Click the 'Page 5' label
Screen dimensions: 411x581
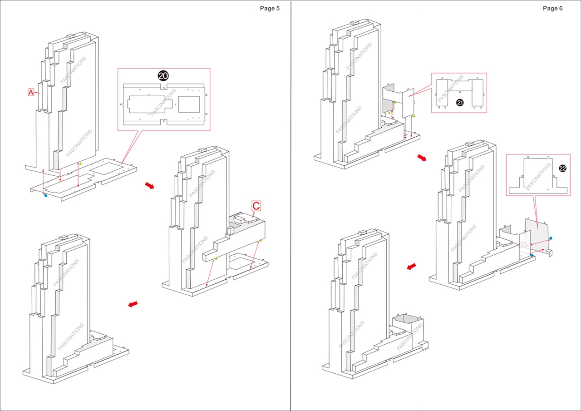click(270, 8)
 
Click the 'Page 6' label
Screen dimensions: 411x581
click(552, 8)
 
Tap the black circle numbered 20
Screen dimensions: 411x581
click(163, 76)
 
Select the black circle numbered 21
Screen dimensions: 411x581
click(460, 103)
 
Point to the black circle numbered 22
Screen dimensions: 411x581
click(562, 168)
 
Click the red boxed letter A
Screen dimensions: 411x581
click(31, 92)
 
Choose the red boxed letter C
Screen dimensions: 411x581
click(256, 206)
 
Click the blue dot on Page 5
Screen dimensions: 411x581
click(45, 195)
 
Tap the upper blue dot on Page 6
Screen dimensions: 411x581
click(551, 238)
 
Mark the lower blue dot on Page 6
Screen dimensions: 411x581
click(532, 255)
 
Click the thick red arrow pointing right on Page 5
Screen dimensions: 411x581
click(149, 185)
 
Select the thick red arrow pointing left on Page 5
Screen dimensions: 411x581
click(133, 304)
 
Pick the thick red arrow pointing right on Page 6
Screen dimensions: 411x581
click(422, 157)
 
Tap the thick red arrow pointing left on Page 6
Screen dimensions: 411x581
click(412, 267)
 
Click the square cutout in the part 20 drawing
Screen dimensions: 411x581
click(189, 104)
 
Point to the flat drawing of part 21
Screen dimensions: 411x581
click(459, 93)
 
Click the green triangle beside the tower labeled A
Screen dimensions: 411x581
click(80, 163)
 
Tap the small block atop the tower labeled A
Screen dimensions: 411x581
click(71, 35)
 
